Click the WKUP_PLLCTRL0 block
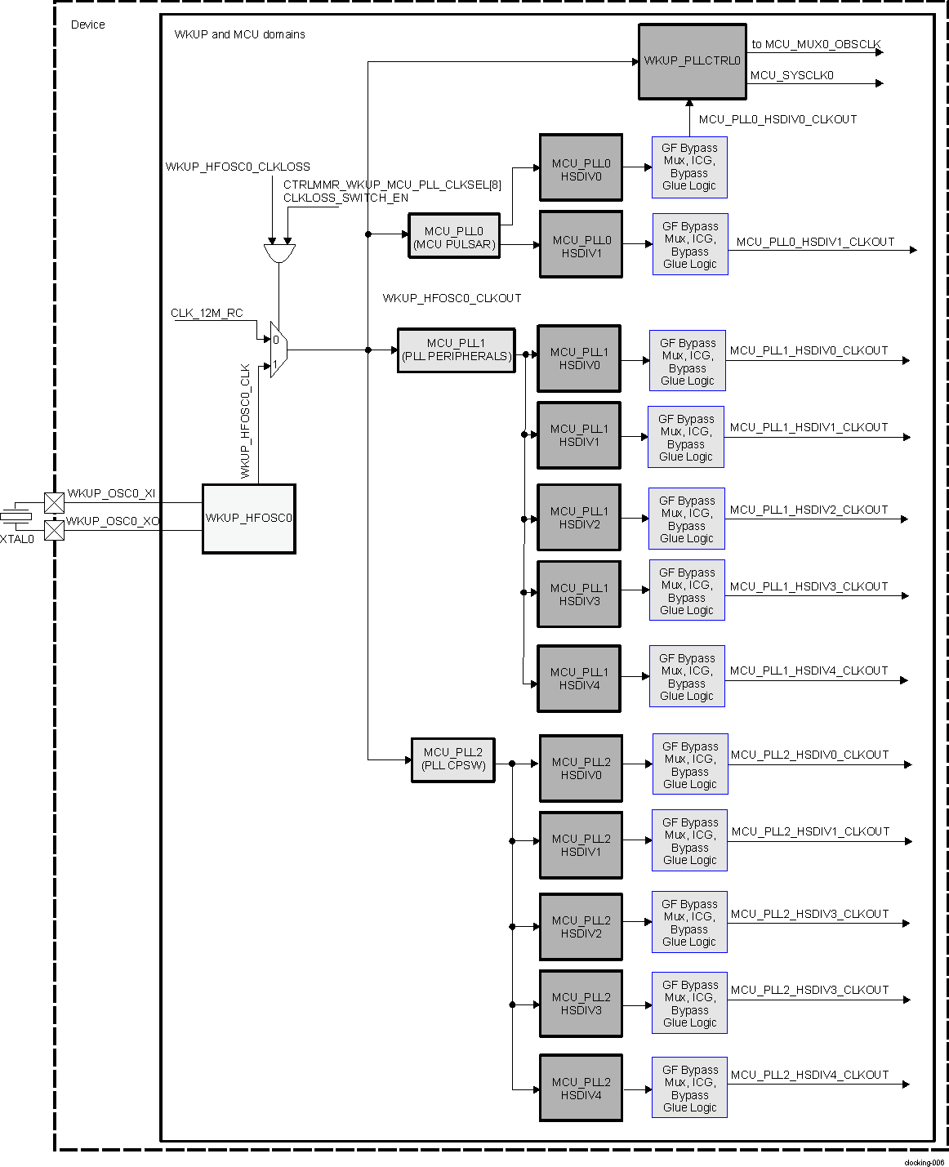(x=692, y=61)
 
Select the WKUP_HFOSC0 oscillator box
(x=248, y=519)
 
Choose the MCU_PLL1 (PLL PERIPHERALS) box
(x=456, y=350)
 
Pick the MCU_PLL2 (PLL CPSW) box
(x=453, y=759)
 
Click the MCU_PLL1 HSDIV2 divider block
(x=578, y=518)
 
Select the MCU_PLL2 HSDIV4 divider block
(x=581, y=1088)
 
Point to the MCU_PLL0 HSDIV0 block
(x=581, y=168)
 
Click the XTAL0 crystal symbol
(x=16, y=516)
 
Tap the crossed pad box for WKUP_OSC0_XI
(x=54, y=502)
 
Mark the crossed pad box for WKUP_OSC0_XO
(x=54, y=530)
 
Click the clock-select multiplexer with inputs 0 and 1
(x=278, y=350)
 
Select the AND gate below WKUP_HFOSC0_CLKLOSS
(x=279, y=252)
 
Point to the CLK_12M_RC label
(x=207, y=313)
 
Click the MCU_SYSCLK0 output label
(x=791, y=75)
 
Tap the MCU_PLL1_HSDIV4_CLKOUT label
(x=809, y=670)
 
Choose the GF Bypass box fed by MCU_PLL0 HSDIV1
(x=690, y=244)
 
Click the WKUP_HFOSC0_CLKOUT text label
(x=452, y=298)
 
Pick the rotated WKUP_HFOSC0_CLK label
(x=245, y=421)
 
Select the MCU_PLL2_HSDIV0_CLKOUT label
(x=809, y=755)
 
